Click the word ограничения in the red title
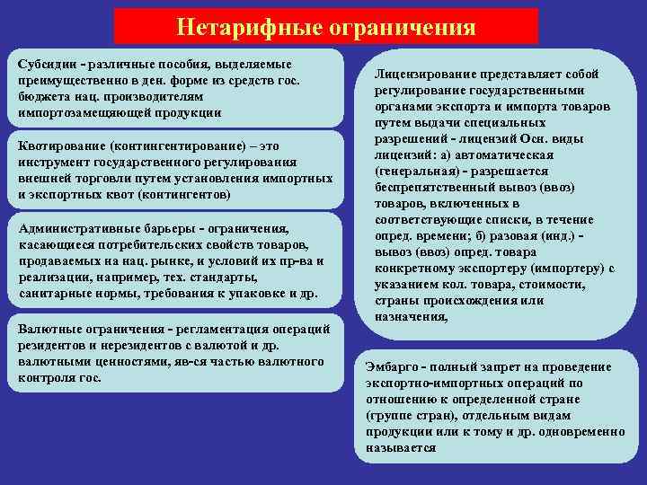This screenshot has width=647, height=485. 399,26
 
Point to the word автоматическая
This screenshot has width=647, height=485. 496,155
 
